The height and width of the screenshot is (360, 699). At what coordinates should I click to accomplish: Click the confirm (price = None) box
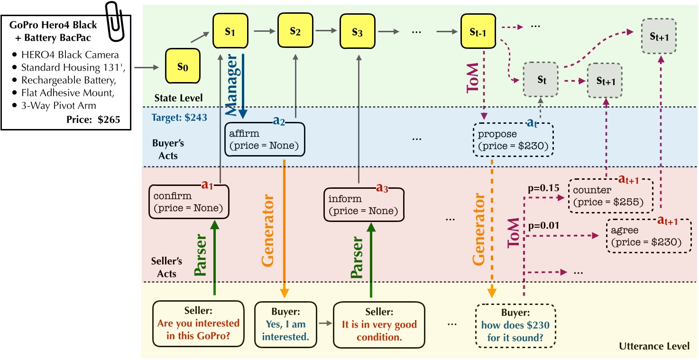click(x=189, y=201)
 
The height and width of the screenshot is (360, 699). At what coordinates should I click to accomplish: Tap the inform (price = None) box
click(x=364, y=204)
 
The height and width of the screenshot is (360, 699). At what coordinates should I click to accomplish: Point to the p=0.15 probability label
click(x=540, y=188)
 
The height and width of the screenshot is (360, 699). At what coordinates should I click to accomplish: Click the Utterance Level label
click(x=654, y=346)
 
